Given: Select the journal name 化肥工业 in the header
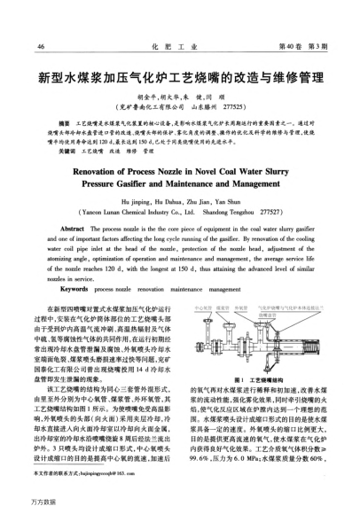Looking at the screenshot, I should (179, 46).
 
